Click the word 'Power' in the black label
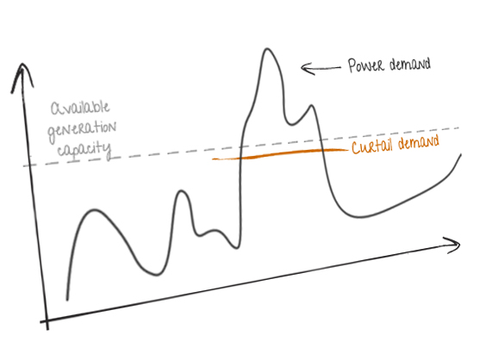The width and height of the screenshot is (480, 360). (x=365, y=65)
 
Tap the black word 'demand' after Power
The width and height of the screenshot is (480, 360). (x=410, y=65)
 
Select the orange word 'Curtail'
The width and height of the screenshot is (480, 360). (x=371, y=146)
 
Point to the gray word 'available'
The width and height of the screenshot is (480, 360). (x=80, y=108)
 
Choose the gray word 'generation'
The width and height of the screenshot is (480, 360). (x=82, y=130)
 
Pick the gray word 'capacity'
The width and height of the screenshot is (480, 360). (x=84, y=150)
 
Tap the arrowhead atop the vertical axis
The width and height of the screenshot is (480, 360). (x=22, y=77)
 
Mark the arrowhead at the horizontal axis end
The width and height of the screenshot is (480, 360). (x=453, y=245)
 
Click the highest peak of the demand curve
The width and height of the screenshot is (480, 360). (x=267, y=49)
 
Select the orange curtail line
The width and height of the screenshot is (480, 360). (x=280, y=154)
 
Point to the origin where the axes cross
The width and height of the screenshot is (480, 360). (x=47, y=320)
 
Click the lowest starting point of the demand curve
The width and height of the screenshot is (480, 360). (x=67, y=299)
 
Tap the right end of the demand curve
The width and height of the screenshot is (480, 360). (x=461, y=155)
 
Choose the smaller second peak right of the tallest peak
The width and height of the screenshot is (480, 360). (x=312, y=106)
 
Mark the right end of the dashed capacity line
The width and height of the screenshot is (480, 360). (x=459, y=127)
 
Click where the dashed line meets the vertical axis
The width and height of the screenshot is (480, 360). (x=30, y=165)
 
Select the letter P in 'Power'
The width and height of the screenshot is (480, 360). (x=352, y=65)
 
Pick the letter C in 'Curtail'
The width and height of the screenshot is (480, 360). (x=356, y=148)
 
